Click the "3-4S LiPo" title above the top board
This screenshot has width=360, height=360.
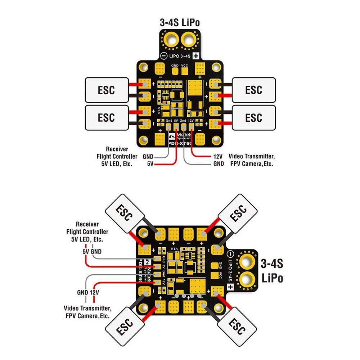(180, 22)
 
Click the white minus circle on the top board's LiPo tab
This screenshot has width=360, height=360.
(163, 56)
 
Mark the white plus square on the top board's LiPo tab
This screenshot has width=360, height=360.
(196, 56)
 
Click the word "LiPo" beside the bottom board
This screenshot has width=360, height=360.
(273, 278)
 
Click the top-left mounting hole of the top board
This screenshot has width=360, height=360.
(144, 67)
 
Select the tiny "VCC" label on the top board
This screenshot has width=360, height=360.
(184, 66)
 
